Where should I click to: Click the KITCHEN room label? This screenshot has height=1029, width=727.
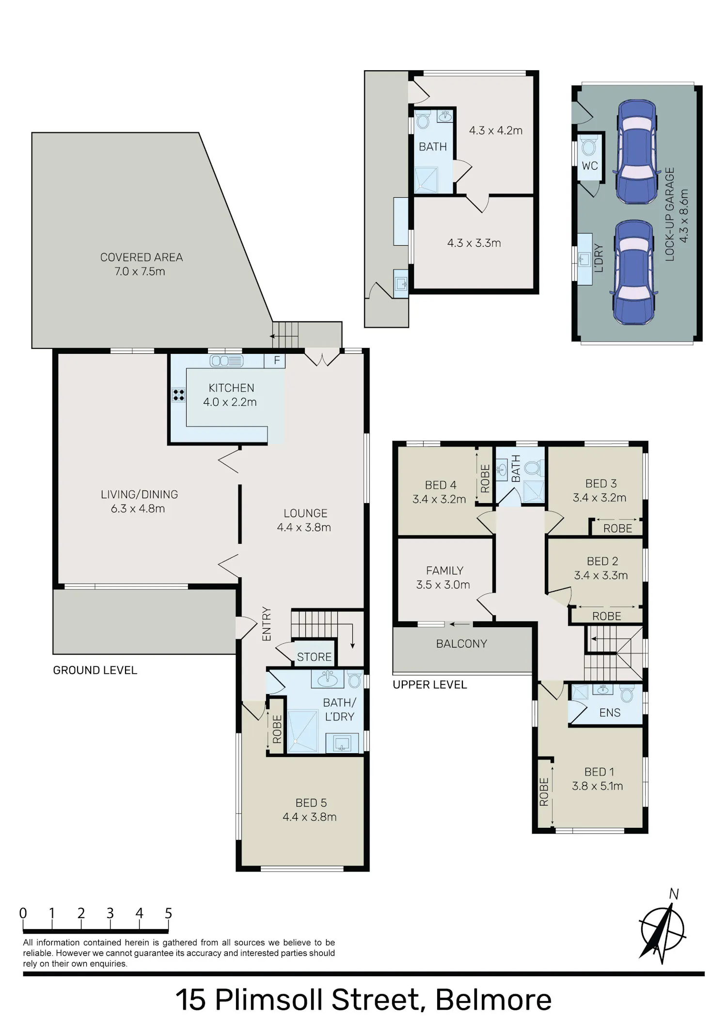click(231, 388)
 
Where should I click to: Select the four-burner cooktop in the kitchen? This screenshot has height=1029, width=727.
click(178, 395)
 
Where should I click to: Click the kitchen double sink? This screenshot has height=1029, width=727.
click(226, 361)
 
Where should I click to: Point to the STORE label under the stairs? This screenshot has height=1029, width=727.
click(314, 657)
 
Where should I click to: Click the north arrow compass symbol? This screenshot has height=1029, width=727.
click(663, 929)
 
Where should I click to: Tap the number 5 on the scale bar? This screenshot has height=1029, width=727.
click(168, 914)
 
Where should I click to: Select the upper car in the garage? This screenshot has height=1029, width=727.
click(635, 152)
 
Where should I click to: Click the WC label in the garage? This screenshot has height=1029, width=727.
click(589, 166)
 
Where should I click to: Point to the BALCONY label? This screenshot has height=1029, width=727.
click(461, 644)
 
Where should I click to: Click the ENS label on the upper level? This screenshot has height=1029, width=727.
click(610, 712)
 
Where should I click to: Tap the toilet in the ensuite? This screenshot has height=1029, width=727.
click(627, 693)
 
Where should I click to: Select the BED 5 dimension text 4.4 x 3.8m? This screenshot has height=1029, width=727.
click(310, 817)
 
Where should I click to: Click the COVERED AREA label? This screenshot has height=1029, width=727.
click(142, 257)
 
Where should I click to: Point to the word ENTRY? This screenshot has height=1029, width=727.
click(266, 624)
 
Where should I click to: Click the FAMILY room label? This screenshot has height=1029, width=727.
click(445, 570)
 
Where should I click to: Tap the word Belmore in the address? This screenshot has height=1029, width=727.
click(493, 1000)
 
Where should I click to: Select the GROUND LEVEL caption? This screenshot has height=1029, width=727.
click(95, 670)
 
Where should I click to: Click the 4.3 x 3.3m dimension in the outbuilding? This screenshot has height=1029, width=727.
click(474, 243)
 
